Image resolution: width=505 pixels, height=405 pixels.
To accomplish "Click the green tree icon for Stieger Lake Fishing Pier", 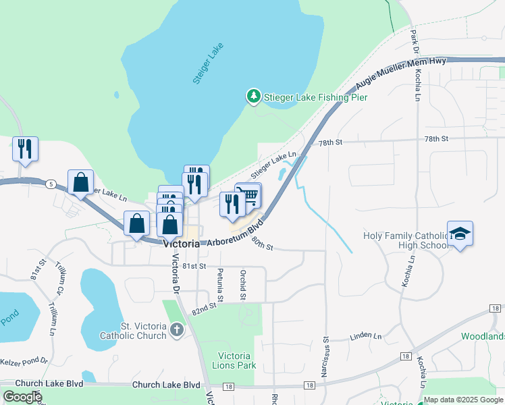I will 254,97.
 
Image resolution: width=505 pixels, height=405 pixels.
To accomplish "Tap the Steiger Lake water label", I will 207,64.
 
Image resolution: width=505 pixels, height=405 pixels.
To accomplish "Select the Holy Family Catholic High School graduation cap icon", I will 460,234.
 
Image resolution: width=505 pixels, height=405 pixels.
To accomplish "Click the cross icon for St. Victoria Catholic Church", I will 176,330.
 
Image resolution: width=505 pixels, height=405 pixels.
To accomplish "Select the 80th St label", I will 261,244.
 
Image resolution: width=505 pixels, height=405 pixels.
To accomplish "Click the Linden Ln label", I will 365,335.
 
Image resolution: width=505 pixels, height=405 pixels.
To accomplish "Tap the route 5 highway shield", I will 51,184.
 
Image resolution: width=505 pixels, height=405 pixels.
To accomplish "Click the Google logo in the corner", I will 22,397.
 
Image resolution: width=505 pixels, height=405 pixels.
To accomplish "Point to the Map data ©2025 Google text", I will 462,400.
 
